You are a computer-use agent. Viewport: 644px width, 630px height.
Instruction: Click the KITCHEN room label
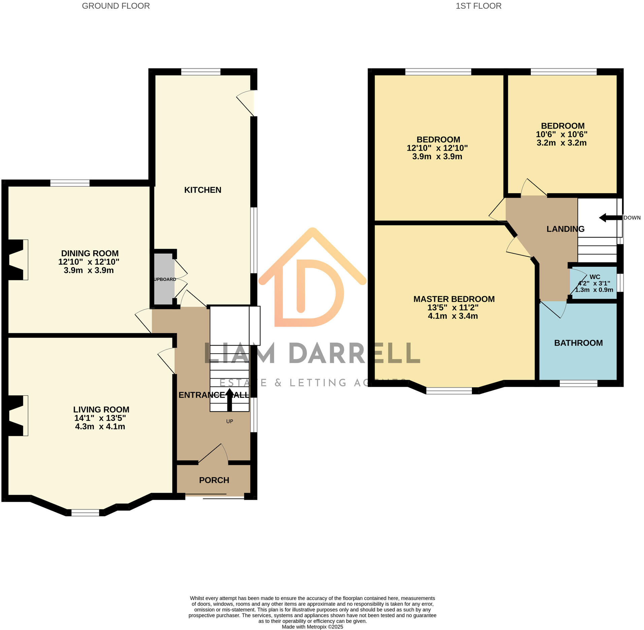click(202, 190)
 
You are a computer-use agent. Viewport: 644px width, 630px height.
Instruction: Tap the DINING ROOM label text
click(90, 253)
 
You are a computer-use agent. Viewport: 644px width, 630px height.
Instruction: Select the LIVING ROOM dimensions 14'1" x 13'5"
click(100, 418)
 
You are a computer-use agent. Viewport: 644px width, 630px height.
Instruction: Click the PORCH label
click(214, 480)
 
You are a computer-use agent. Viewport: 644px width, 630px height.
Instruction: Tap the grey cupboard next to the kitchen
click(164, 279)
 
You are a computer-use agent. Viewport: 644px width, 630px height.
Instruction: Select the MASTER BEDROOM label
click(454, 299)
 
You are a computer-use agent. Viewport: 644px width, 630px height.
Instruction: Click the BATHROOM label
click(578, 343)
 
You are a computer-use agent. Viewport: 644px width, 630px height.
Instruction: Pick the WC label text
click(595, 277)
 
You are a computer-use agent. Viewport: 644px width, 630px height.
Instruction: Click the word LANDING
click(565, 229)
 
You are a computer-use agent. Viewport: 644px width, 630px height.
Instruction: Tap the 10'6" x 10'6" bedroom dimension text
click(561, 134)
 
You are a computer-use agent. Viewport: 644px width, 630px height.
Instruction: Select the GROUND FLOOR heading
click(116, 6)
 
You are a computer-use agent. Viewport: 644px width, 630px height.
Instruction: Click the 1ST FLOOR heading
click(478, 6)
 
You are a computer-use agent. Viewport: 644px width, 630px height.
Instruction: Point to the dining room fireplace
click(17, 259)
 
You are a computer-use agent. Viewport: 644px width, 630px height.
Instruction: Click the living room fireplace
click(17, 415)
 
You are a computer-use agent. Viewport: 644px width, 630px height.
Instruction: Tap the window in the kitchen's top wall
click(201, 72)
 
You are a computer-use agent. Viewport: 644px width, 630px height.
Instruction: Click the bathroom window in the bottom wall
click(578, 383)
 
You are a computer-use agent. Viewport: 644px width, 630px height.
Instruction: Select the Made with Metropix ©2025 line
click(312, 627)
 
